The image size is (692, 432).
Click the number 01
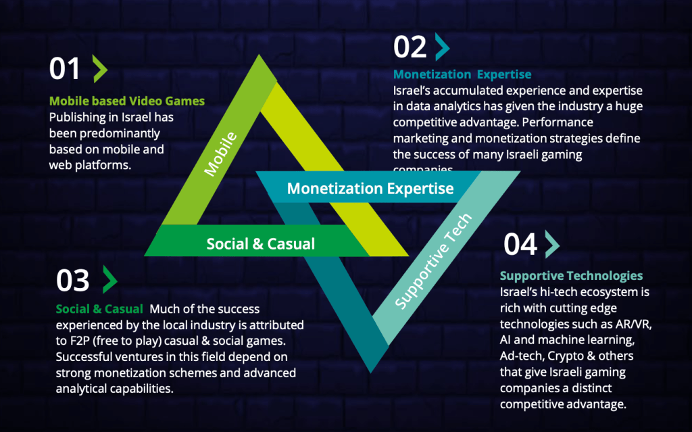[65, 70]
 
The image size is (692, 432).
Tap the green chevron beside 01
[99, 70]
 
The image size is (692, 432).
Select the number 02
[410, 47]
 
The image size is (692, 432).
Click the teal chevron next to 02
[442, 47]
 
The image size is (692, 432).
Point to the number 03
[72, 281]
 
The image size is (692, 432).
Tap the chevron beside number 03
[109, 279]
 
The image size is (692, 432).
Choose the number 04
[520, 245]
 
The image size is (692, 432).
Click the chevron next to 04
[551, 244]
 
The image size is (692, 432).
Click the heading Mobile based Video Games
[126, 101]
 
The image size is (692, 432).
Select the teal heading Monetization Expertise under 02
[462, 74]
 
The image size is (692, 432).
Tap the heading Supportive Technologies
[571, 276]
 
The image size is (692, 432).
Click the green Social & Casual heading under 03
[99, 309]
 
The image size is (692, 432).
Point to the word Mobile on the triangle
[221, 155]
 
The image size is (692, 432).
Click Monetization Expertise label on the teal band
[370, 189]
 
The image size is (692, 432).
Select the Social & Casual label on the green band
[260, 243]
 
